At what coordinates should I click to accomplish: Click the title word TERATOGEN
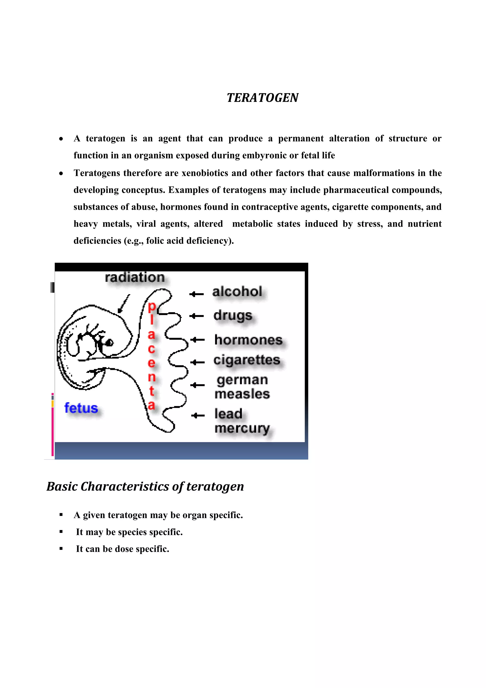click(262, 98)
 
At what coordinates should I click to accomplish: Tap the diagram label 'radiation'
click(135, 277)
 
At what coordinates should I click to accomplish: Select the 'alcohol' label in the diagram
click(237, 291)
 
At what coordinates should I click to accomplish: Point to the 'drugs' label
click(233, 315)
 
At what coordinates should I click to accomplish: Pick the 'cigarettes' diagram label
click(247, 360)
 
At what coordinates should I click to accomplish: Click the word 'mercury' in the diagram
click(242, 428)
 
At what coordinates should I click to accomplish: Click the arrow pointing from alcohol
click(196, 294)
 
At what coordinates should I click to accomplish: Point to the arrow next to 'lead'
click(198, 415)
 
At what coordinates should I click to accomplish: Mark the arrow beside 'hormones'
click(197, 340)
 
